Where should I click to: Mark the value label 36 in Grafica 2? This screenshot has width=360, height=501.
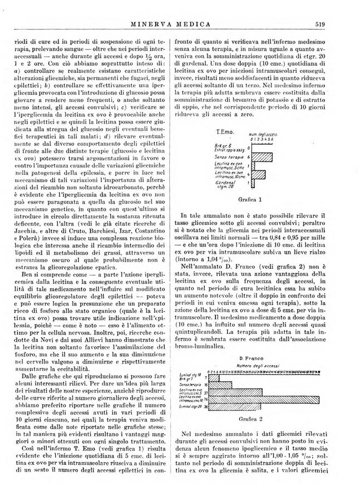[x=206, y=406]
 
